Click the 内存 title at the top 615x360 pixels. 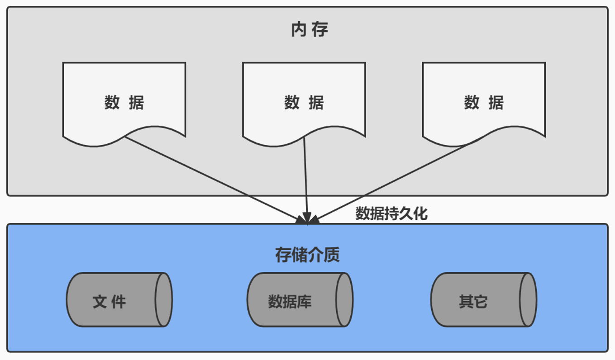310,30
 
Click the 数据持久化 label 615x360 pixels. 391,213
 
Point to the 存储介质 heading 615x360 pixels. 307,255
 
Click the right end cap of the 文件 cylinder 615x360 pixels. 164,299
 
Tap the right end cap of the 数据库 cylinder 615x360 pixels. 344,299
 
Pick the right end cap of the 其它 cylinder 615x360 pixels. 528,299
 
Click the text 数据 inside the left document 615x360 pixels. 124,103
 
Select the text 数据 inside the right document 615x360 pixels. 484,103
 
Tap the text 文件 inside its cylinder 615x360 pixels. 109,302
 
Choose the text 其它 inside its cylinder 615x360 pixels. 473,302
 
